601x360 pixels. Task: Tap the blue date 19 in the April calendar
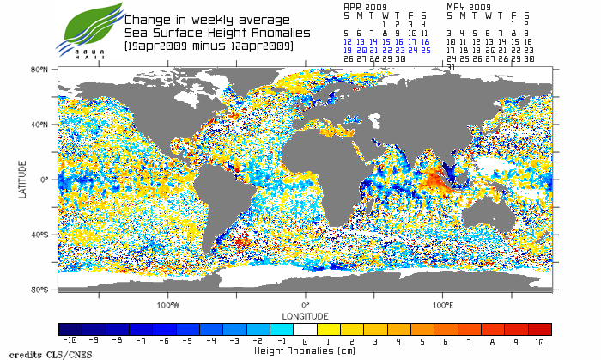pos(347,50)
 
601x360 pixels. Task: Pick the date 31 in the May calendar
pos(451,67)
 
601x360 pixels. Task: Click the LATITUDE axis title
pos(23,180)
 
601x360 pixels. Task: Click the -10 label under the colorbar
pos(70,341)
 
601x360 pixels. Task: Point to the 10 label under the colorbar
pos(540,341)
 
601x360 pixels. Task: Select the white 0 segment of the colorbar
pos(306,329)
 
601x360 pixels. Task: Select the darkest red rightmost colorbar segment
pos(540,329)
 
